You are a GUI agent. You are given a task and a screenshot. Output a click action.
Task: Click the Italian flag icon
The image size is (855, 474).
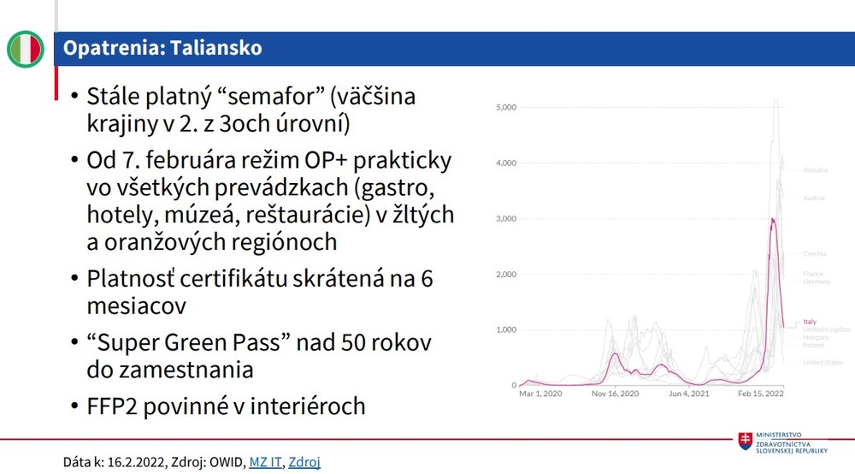coord(26,49)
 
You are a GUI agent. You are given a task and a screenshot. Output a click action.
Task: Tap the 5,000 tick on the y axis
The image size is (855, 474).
coord(504,108)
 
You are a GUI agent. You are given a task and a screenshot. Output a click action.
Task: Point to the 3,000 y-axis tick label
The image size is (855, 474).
coord(504,219)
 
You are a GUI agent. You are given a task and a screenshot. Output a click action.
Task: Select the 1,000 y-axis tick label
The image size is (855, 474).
coord(504,330)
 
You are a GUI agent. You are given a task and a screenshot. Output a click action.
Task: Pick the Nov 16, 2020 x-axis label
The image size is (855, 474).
coord(616,394)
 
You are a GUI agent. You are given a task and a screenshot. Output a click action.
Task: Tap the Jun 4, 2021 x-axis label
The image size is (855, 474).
coord(690,394)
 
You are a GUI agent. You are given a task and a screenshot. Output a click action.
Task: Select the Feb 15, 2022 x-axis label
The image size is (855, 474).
coord(761,394)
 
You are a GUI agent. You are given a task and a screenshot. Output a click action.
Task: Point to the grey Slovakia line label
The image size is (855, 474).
coord(815,170)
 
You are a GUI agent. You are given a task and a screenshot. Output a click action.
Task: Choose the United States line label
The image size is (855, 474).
coord(823,362)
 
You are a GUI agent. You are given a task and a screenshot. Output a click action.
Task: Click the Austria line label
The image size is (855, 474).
coord(813,198)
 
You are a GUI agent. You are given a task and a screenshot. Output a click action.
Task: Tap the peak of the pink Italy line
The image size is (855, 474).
coord(773,219)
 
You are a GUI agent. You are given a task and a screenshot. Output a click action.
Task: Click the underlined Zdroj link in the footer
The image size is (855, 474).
coord(304,462)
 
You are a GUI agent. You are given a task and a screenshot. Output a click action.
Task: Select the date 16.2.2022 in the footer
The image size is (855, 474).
coord(133,462)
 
